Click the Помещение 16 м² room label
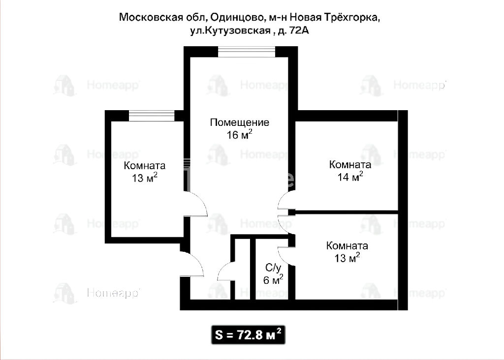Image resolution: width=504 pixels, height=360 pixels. pos(240,128)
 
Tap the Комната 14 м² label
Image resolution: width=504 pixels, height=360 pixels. pos(350,171)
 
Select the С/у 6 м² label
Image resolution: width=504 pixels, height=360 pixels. pos(273,273)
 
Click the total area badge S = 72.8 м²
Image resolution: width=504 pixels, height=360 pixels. pos(248,335)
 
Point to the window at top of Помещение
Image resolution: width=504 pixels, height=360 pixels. pos(247,52)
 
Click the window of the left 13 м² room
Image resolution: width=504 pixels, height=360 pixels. pos(152,116)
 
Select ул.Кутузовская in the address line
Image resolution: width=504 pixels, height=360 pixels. pos(230,31)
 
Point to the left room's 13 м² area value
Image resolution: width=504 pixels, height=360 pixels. pos(145,177)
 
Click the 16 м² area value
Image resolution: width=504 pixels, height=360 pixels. pos(240,135)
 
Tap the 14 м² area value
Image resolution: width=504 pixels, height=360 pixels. pos(350,177)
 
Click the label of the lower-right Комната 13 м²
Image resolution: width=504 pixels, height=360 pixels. pos(347,252)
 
